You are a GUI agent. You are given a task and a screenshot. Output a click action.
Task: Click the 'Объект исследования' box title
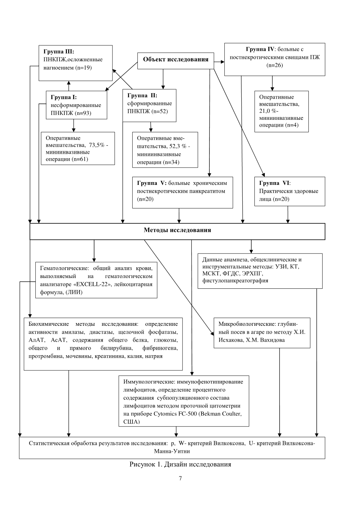click(176, 60)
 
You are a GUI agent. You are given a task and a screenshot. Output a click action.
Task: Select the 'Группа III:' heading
click(59, 52)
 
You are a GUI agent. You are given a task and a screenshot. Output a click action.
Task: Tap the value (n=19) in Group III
click(83, 68)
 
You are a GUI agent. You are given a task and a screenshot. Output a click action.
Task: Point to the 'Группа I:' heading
click(63, 97)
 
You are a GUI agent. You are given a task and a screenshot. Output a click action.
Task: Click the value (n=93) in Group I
click(83, 113)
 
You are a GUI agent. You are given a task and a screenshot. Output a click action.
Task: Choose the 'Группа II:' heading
click(142, 96)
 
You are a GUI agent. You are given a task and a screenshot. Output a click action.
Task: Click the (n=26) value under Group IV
click(274, 65)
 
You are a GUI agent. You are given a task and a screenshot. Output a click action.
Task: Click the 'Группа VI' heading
click(274, 183)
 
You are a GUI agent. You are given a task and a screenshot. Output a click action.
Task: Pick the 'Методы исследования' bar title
click(177, 230)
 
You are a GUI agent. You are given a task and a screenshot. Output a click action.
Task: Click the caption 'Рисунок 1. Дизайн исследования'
click(180, 464)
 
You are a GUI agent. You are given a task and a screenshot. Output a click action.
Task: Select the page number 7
click(180, 478)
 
